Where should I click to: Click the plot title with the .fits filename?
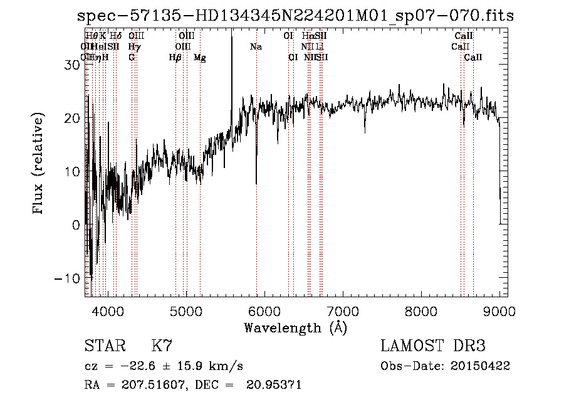click(295, 16)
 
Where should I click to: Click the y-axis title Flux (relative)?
click(39, 164)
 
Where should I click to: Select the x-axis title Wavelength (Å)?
click(295, 327)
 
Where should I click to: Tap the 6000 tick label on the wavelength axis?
click(264, 312)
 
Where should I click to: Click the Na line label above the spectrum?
click(256, 47)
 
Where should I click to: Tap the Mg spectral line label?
click(199, 58)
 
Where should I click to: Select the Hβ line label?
click(175, 58)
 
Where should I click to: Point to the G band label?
click(132, 58)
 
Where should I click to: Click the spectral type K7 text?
click(162, 346)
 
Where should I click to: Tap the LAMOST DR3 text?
click(433, 346)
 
